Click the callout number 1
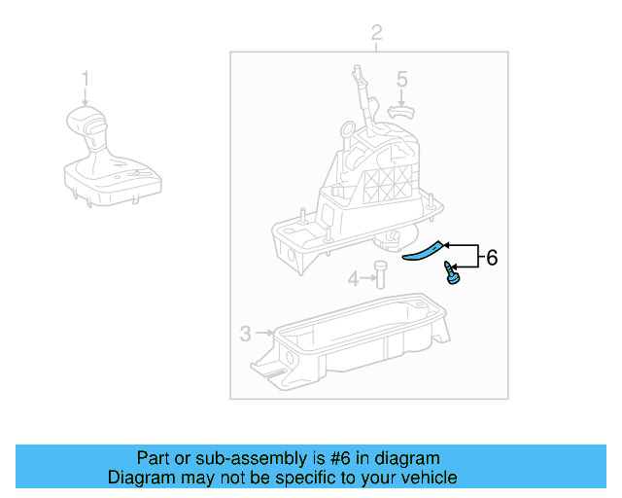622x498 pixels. click(x=86, y=78)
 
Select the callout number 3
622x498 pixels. click(x=246, y=335)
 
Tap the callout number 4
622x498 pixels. click(x=353, y=280)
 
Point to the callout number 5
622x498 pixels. click(x=401, y=80)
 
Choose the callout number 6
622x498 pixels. click(x=492, y=258)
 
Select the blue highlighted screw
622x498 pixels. click(x=450, y=274)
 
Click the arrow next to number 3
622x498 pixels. click(x=263, y=335)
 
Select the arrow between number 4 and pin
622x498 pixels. click(x=366, y=280)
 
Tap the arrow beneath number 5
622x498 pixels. click(x=401, y=96)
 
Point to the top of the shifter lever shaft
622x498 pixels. click(x=358, y=69)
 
